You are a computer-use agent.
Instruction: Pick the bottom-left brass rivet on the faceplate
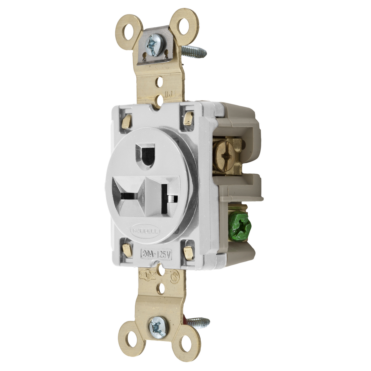[126, 249]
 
